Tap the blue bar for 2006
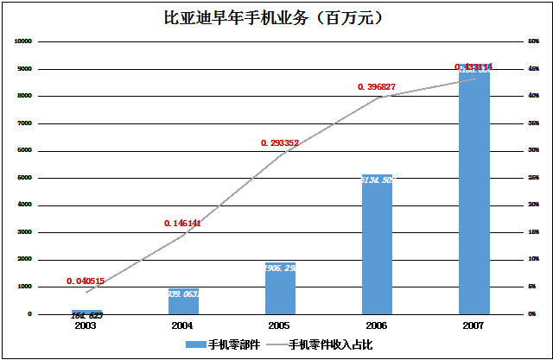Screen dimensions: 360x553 click(377, 246)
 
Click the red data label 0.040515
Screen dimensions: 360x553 click(86, 281)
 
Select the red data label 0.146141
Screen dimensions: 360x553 click(182, 223)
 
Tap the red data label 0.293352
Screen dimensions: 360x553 click(280, 143)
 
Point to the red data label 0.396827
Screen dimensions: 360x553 click(377, 86)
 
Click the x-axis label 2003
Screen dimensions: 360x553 click(86, 326)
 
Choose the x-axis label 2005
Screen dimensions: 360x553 click(280, 326)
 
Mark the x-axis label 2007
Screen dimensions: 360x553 click(474, 326)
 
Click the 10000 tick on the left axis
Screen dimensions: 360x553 click(23, 41)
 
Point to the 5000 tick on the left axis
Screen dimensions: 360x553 click(25, 178)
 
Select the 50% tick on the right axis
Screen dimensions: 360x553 click(533, 41)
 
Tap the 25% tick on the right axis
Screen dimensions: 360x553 click(533, 178)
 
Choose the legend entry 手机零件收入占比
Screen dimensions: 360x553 click(327, 344)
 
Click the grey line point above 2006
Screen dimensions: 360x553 click(377, 98)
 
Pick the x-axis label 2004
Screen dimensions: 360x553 click(182, 326)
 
